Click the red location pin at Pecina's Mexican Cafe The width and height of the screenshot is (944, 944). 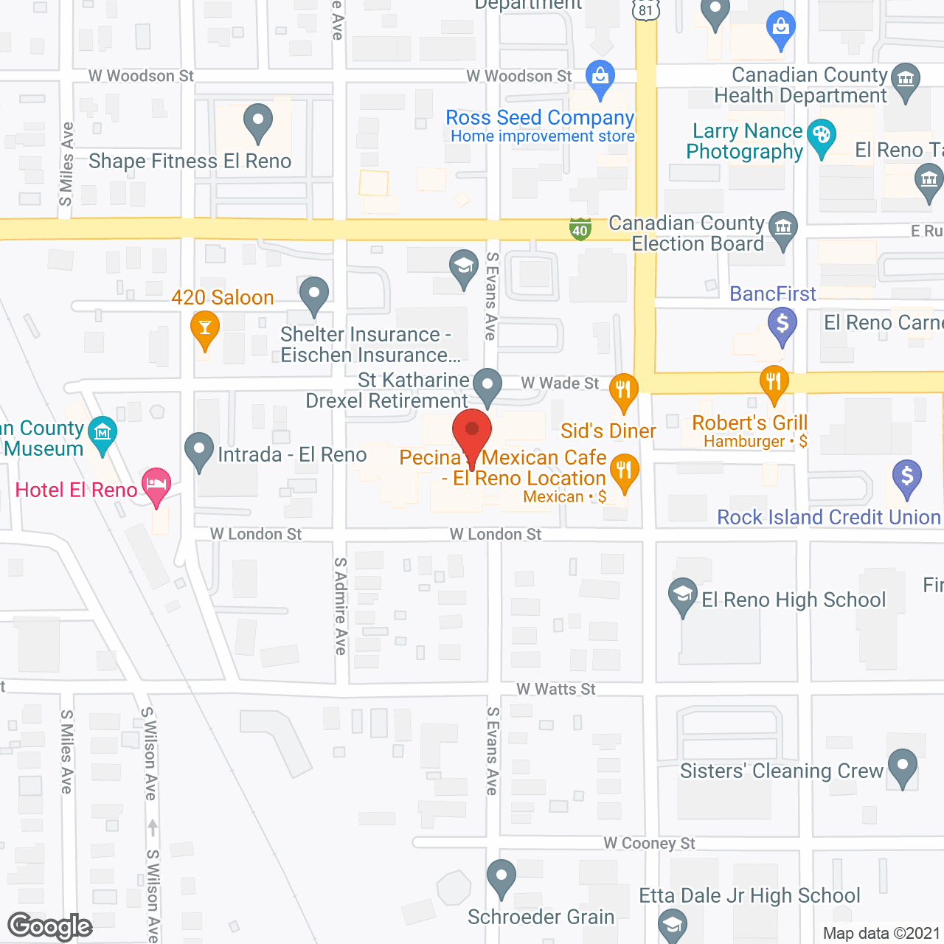click(x=472, y=431)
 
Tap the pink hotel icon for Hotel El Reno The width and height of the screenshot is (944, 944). click(x=156, y=485)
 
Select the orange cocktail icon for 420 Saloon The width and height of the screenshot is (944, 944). click(x=205, y=329)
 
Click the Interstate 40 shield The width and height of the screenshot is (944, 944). click(x=580, y=229)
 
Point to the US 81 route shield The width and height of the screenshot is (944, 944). click(x=646, y=10)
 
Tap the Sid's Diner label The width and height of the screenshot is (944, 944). click(x=608, y=431)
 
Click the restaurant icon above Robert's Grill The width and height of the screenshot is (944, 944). click(x=774, y=382)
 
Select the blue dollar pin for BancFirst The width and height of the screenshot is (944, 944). click(x=782, y=324)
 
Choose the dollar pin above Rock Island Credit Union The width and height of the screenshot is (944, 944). click(x=907, y=476)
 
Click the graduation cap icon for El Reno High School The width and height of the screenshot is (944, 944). click(x=683, y=594)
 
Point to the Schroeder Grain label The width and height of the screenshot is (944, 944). click(x=541, y=917)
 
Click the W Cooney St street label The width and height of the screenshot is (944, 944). click(x=649, y=843)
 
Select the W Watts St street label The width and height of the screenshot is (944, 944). click(x=556, y=689)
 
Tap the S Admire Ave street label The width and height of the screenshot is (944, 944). click(x=340, y=605)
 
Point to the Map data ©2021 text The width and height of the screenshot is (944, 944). click(x=881, y=933)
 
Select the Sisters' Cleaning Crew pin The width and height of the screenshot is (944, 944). click(x=903, y=767)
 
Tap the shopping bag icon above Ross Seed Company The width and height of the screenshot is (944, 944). click(x=600, y=77)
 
